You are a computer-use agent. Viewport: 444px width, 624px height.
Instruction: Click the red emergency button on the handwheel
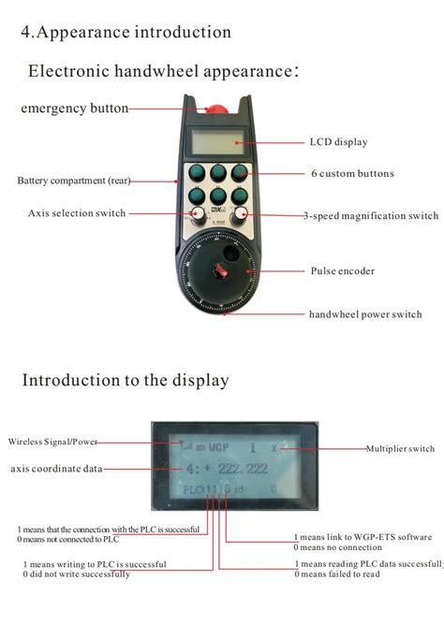pyautogui.click(x=216, y=109)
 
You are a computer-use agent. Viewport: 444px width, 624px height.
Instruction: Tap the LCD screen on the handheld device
pyautogui.click(x=217, y=141)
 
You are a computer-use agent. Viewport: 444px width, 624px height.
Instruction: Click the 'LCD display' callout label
pyautogui.click(x=338, y=142)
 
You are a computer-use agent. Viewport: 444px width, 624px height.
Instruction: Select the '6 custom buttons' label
pyautogui.click(x=352, y=173)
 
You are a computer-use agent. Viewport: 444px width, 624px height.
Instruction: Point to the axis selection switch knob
pyautogui.click(x=198, y=215)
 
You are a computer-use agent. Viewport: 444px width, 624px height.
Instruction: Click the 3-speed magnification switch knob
pyautogui.click(x=240, y=215)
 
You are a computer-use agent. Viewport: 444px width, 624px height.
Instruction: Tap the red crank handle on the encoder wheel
pyautogui.click(x=219, y=270)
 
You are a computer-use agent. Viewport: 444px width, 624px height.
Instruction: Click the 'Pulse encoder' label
pyautogui.click(x=342, y=271)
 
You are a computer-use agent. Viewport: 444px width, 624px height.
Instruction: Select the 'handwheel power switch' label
pyautogui.click(x=365, y=314)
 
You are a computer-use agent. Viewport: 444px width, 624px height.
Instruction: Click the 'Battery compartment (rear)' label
pyautogui.click(x=74, y=181)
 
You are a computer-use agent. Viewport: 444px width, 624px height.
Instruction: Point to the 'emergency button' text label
pyautogui.click(x=75, y=109)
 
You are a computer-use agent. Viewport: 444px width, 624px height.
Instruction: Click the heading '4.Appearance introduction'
pyautogui.click(x=126, y=32)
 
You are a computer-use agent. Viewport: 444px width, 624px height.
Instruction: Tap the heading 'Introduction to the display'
pyautogui.click(x=126, y=380)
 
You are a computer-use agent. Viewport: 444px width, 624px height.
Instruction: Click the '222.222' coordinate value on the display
pyautogui.click(x=243, y=469)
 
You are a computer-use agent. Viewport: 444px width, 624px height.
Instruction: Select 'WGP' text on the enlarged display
pyautogui.click(x=218, y=448)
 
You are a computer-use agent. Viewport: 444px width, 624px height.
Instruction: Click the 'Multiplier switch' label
pyautogui.click(x=400, y=448)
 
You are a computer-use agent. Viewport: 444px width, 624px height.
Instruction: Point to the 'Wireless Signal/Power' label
pyautogui.click(x=52, y=442)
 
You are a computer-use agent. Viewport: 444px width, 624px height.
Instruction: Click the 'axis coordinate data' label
pyautogui.click(x=56, y=469)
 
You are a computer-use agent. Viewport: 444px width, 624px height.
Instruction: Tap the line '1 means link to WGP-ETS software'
pyautogui.click(x=363, y=537)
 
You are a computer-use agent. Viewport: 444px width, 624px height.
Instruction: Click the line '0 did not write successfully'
pyautogui.click(x=77, y=574)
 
